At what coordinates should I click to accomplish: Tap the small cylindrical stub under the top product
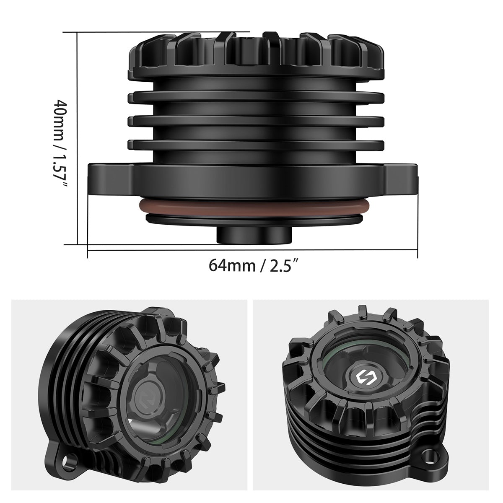[x=254, y=234]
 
